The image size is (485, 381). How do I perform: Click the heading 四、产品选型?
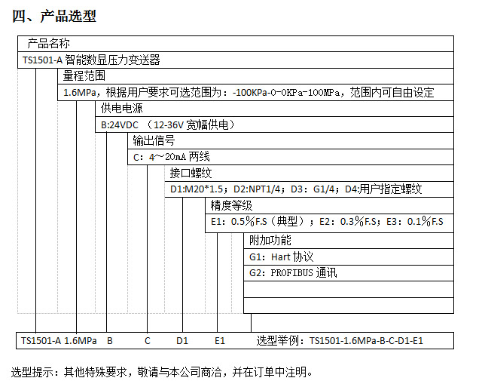54,16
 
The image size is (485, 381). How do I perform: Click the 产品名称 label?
48,44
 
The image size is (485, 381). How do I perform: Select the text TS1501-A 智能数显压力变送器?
91,60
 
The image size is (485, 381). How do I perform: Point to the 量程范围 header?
84,76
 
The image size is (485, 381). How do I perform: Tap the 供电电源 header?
122,109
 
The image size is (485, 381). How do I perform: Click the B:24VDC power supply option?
120,124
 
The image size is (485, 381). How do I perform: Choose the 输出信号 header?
154,140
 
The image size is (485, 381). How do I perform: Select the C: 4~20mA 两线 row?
172,157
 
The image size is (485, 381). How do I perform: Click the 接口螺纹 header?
191,174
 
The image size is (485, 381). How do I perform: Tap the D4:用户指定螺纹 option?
383,189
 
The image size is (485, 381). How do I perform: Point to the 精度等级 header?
231,205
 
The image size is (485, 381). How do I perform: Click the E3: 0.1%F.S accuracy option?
415,222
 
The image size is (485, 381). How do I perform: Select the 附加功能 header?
270,240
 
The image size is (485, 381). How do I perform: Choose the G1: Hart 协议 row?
281,257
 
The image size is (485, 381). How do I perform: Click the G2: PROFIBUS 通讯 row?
293,273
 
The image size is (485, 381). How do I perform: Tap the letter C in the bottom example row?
148,341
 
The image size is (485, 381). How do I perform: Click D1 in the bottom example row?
182,341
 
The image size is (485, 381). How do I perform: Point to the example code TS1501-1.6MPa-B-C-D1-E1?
366,341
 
